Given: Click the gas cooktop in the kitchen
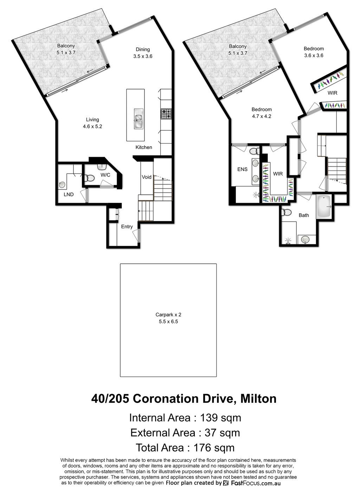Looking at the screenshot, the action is tap(166, 114).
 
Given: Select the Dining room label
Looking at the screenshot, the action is tap(143, 50).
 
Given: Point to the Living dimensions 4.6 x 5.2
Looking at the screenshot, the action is tap(92, 127).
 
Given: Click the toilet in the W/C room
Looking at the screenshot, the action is tap(90, 178).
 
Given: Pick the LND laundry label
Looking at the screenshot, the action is tap(69, 194).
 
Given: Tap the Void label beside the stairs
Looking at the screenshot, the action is tap(146, 177).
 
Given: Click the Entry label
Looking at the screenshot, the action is tap(127, 227).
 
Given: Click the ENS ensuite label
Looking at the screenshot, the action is tap(243, 169).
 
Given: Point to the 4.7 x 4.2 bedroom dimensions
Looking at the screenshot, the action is tap(262, 116).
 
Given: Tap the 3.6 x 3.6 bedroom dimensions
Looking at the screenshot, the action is tap(314, 56).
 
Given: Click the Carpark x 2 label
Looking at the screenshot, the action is tap(168, 315).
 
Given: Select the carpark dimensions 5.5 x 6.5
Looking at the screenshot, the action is tap(168, 322).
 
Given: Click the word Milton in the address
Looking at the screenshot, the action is tap(258, 399).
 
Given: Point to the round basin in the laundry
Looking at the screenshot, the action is tap(62, 185).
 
